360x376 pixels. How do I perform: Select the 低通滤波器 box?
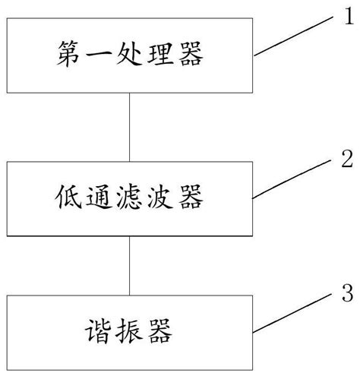click(130, 199)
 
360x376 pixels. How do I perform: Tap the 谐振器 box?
click(130, 331)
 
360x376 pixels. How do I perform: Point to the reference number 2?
click(346, 160)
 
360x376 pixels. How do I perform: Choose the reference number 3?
click(346, 293)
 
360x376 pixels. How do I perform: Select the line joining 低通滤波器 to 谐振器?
click(130, 265)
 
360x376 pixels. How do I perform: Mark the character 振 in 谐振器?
click(131, 332)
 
